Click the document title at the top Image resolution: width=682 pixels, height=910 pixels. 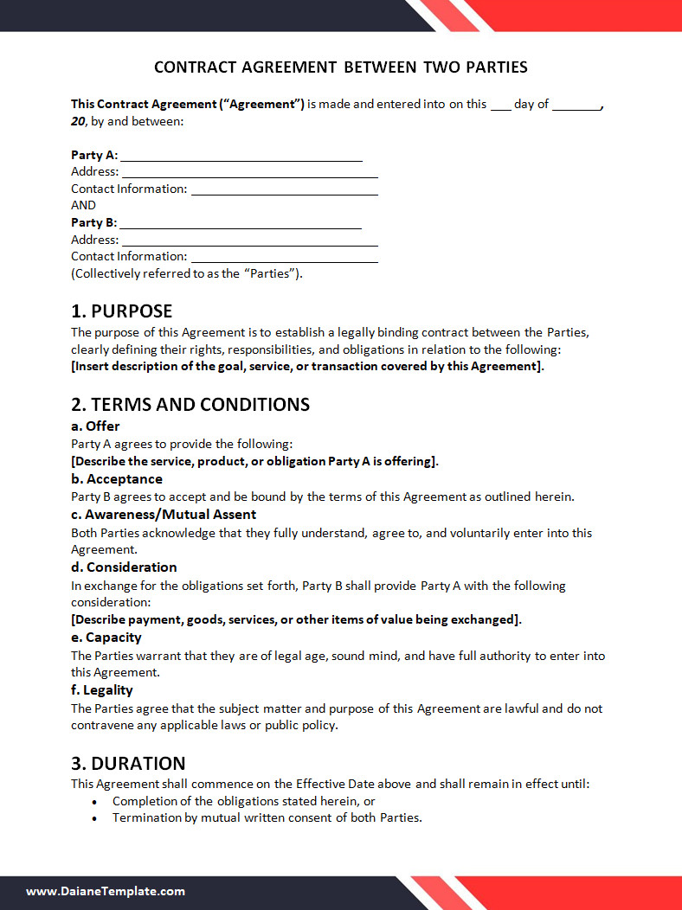click(x=340, y=67)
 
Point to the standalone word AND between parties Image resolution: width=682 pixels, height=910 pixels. click(x=83, y=206)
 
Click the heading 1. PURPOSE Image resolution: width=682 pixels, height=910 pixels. click(x=122, y=311)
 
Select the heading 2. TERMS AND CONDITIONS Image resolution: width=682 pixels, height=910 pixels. click(x=190, y=405)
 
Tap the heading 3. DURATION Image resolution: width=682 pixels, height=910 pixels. click(x=128, y=764)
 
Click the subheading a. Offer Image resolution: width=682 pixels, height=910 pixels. click(x=95, y=426)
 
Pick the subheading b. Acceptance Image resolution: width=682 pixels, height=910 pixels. click(x=117, y=479)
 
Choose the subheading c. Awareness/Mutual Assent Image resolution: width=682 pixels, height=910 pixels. click(x=164, y=515)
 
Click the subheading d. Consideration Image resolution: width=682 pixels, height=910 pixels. click(x=124, y=567)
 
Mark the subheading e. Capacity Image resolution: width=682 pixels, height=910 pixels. click(x=106, y=638)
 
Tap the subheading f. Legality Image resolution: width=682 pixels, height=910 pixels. click(x=102, y=690)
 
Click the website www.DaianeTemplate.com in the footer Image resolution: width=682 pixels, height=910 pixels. click(x=106, y=891)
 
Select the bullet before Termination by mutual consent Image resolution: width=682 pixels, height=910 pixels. click(x=94, y=818)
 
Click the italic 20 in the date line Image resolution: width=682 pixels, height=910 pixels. click(x=78, y=121)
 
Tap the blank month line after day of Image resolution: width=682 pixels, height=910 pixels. click(x=576, y=106)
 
